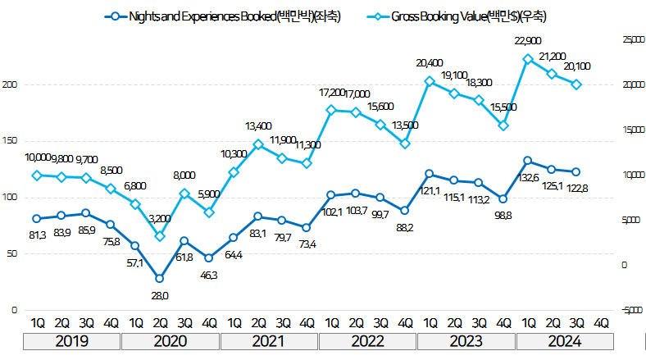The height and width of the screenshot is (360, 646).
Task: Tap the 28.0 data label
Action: pyautogui.click(x=159, y=295)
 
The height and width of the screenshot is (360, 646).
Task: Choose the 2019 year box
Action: pyautogui.click(x=72, y=340)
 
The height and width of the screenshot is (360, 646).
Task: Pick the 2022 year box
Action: pyautogui.click(x=367, y=340)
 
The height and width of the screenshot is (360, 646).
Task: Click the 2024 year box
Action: pyautogui.click(x=564, y=340)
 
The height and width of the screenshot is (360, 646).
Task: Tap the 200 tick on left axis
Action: pyautogui.click(x=11, y=84)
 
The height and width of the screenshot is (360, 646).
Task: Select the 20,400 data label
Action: pyautogui.click(x=429, y=63)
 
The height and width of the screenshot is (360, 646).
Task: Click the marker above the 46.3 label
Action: pyautogui.click(x=208, y=258)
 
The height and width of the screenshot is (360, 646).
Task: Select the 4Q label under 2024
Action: pyautogui.click(x=601, y=321)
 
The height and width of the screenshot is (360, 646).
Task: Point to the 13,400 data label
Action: pyautogui.click(x=257, y=126)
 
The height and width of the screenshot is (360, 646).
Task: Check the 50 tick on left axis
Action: pyautogui.click(x=12, y=254)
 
